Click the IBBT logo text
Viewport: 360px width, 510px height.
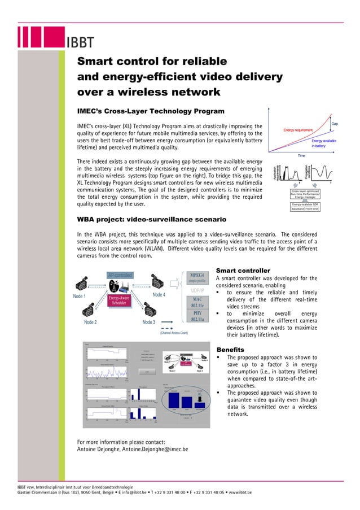point(81,43)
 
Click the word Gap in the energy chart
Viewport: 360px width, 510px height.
point(335,123)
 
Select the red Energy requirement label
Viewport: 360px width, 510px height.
point(298,130)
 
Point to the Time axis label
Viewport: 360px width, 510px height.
point(301,155)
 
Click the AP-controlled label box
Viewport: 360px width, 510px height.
point(120,276)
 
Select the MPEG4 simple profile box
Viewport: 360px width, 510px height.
point(197,277)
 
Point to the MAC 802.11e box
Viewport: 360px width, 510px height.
point(197,302)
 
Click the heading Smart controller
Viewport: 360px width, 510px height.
point(243,271)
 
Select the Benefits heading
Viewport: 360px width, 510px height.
point(230,350)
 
